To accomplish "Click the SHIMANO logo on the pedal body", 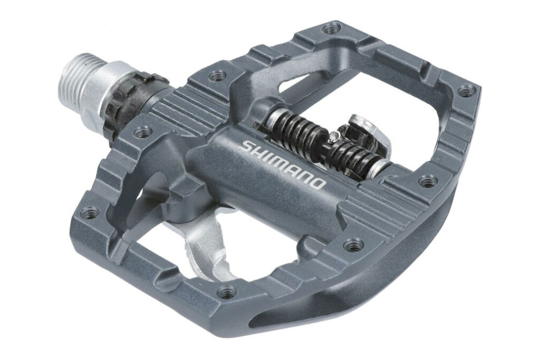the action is pos(283,163).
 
